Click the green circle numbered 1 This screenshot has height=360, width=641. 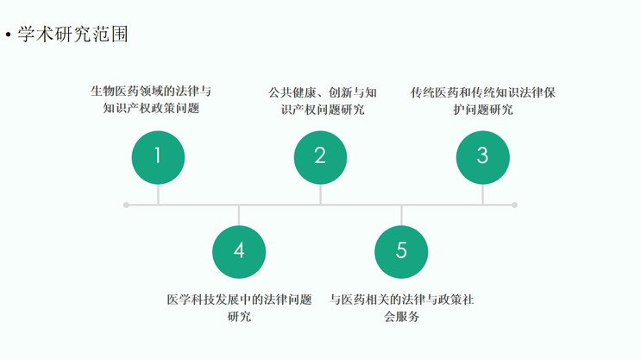[x=158, y=157]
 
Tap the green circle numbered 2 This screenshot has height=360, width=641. [x=321, y=157]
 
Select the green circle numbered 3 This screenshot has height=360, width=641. [x=483, y=157]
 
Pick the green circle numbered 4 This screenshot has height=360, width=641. [x=239, y=252]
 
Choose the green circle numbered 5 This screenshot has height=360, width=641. [x=401, y=252]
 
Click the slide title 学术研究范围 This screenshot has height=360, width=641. [x=72, y=34]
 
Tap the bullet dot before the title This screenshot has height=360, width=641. [x=8, y=35]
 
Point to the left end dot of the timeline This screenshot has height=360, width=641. [x=126, y=205]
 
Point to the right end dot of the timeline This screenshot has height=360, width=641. [x=515, y=205]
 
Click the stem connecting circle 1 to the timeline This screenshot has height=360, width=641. [x=158, y=194]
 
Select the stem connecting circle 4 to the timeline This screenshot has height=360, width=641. [x=239, y=216]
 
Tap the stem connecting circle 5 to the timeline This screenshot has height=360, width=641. [x=401, y=216]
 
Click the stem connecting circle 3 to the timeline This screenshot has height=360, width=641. [x=483, y=194]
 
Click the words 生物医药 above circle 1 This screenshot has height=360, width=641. [x=115, y=91]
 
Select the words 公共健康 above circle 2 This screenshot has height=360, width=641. [x=292, y=92]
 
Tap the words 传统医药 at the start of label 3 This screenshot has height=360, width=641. [x=435, y=92]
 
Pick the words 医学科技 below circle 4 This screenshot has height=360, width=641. [x=191, y=300]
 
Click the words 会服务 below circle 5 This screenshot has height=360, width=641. [x=401, y=316]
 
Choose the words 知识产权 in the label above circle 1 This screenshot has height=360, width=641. [x=127, y=108]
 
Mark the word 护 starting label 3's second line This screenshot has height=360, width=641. [x=459, y=110]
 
